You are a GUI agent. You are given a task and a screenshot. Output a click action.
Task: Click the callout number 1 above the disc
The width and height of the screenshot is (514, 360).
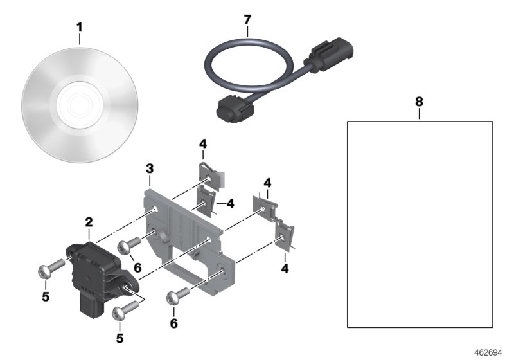coord(80,28)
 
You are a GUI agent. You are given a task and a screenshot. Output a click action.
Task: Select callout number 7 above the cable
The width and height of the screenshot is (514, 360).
coord(248,19)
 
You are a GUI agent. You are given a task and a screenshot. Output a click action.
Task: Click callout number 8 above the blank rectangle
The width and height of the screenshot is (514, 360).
coord(419,102)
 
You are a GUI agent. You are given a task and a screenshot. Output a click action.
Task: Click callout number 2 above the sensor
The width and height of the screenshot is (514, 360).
coord(89,222)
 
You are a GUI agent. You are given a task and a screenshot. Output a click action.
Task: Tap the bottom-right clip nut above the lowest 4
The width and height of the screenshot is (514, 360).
coord(285,235)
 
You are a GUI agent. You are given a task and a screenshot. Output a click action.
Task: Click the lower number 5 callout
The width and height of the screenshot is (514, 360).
coord(120,337)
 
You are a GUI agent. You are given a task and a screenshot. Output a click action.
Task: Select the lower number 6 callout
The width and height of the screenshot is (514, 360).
coord(173,324)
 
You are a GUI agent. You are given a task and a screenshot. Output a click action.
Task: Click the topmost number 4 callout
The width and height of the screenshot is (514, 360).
coord(202,143)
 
